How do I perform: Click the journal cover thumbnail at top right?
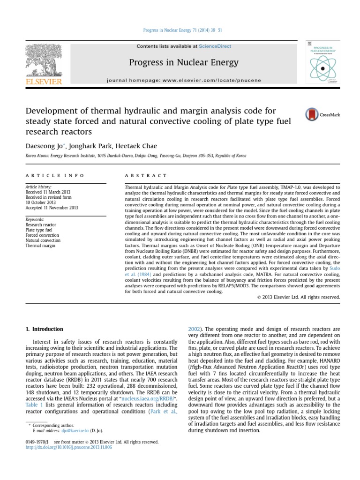click(x=322, y=64)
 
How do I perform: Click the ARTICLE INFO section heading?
click(x=55, y=175)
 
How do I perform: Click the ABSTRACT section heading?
click(x=146, y=175)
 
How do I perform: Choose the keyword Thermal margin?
click(x=40, y=245)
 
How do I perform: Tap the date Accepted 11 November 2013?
click(x=52, y=208)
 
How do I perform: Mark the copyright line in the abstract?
click(x=299, y=297)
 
